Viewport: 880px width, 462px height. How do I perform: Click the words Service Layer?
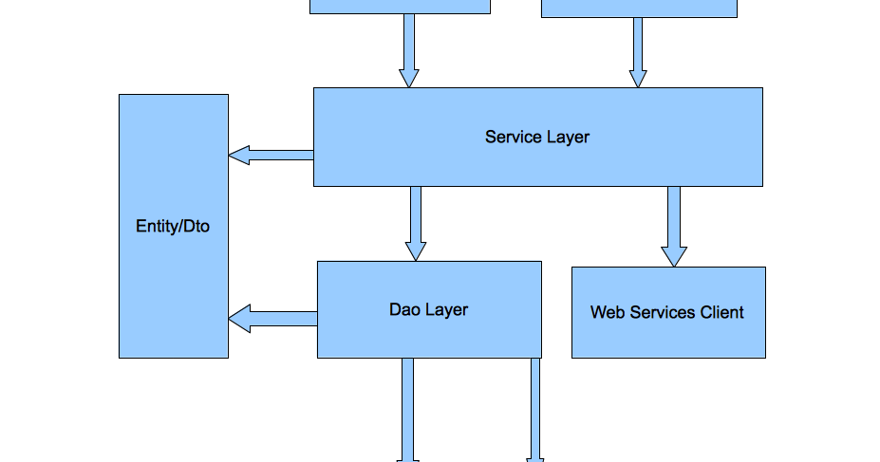pyautogui.click(x=537, y=137)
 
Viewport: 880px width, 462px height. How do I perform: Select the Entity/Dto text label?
pyautogui.click(x=173, y=227)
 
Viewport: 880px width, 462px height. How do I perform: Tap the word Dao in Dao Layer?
pyautogui.click(x=404, y=309)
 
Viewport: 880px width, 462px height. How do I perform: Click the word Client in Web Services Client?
pyautogui.click(x=721, y=312)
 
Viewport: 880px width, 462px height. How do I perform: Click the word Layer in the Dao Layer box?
pyautogui.click(x=446, y=309)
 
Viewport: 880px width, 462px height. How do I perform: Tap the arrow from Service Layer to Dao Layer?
pyautogui.click(x=416, y=222)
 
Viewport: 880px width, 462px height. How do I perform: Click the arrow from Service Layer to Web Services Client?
pyautogui.click(x=674, y=225)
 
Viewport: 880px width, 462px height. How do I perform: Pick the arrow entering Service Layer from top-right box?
pyautogui.click(x=638, y=52)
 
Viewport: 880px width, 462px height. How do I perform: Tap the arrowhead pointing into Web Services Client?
pyautogui.click(x=674, y=256)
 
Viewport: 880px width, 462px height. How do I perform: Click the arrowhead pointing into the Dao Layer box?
pyautogui.click(x=416, y=250)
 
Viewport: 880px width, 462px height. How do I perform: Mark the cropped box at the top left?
pyautogui.click(x=400, y=6)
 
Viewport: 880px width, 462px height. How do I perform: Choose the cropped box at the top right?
pyautogui.click(x=639, y=8)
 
